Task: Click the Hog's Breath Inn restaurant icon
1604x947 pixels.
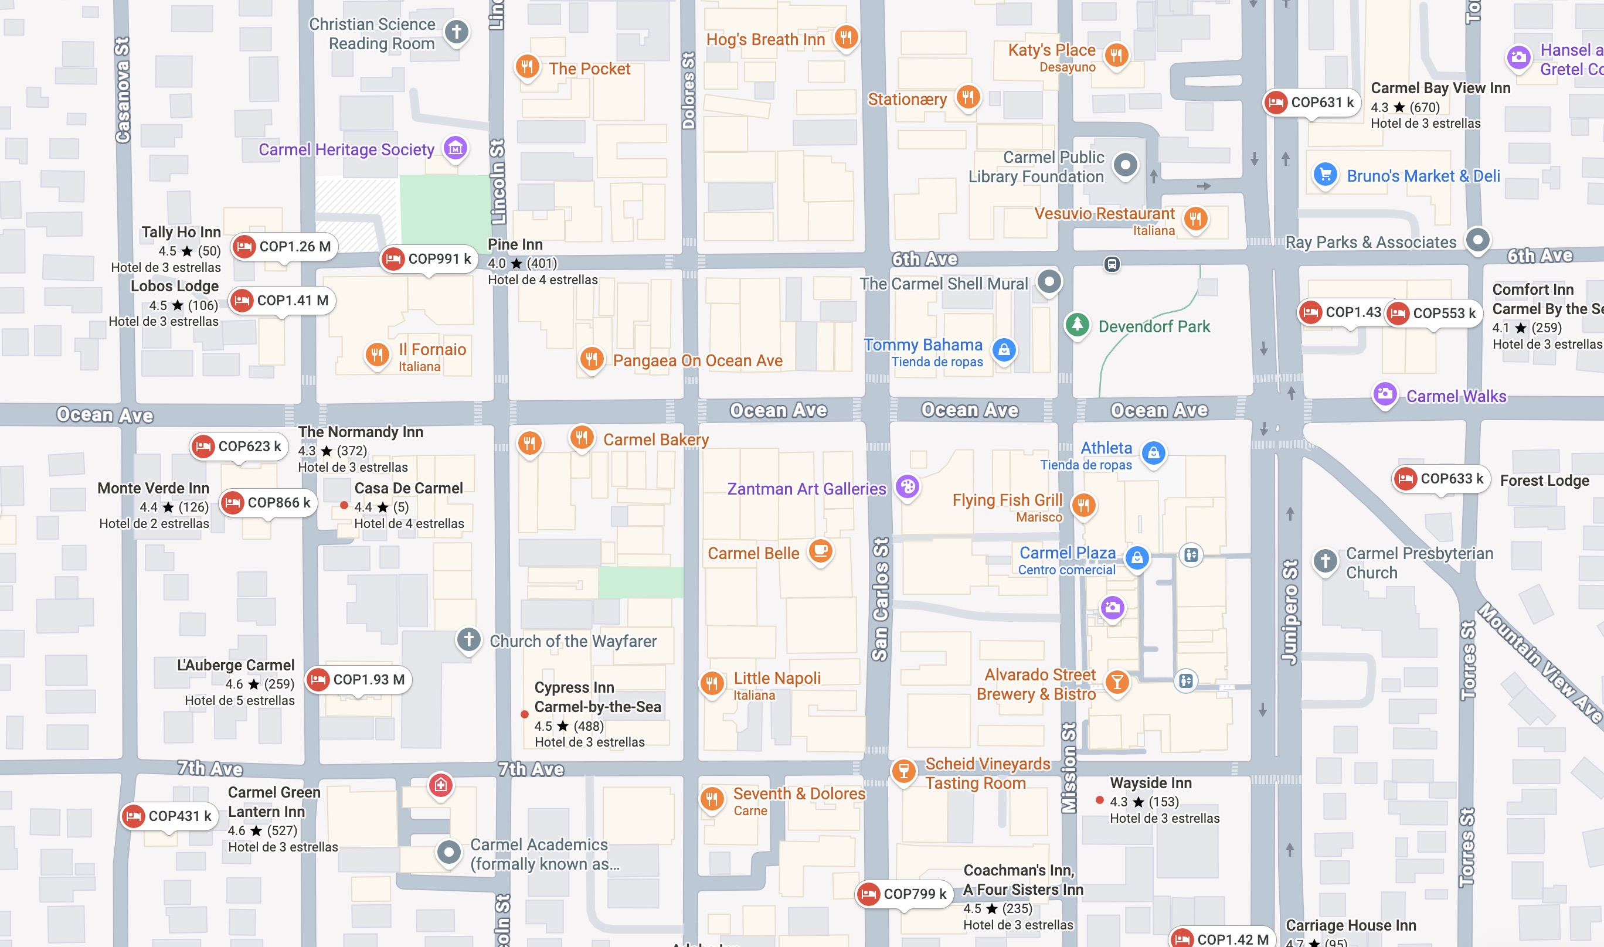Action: [846, 37]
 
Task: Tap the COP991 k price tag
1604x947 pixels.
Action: [429, 259]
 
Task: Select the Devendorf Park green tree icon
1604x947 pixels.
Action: [1077, 325]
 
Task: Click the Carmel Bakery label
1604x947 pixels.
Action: [655, 440]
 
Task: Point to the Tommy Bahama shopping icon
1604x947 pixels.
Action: [1004, 349]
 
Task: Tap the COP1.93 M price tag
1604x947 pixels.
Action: [358, 680]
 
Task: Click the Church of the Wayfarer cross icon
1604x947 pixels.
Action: [468, 639]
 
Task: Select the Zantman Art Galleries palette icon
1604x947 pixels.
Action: [908, 487]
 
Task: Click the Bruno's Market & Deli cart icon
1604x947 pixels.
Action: [1325, 174]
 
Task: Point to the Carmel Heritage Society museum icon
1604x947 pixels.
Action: [455, 149]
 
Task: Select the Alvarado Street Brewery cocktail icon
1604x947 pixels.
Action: [1116, 682]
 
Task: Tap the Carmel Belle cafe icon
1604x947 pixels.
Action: [821, 550]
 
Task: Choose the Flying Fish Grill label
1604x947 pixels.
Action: [1007, 500]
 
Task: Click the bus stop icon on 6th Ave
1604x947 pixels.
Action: [1111, 264]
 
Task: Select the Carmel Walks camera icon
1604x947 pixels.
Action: [1384, 394]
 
